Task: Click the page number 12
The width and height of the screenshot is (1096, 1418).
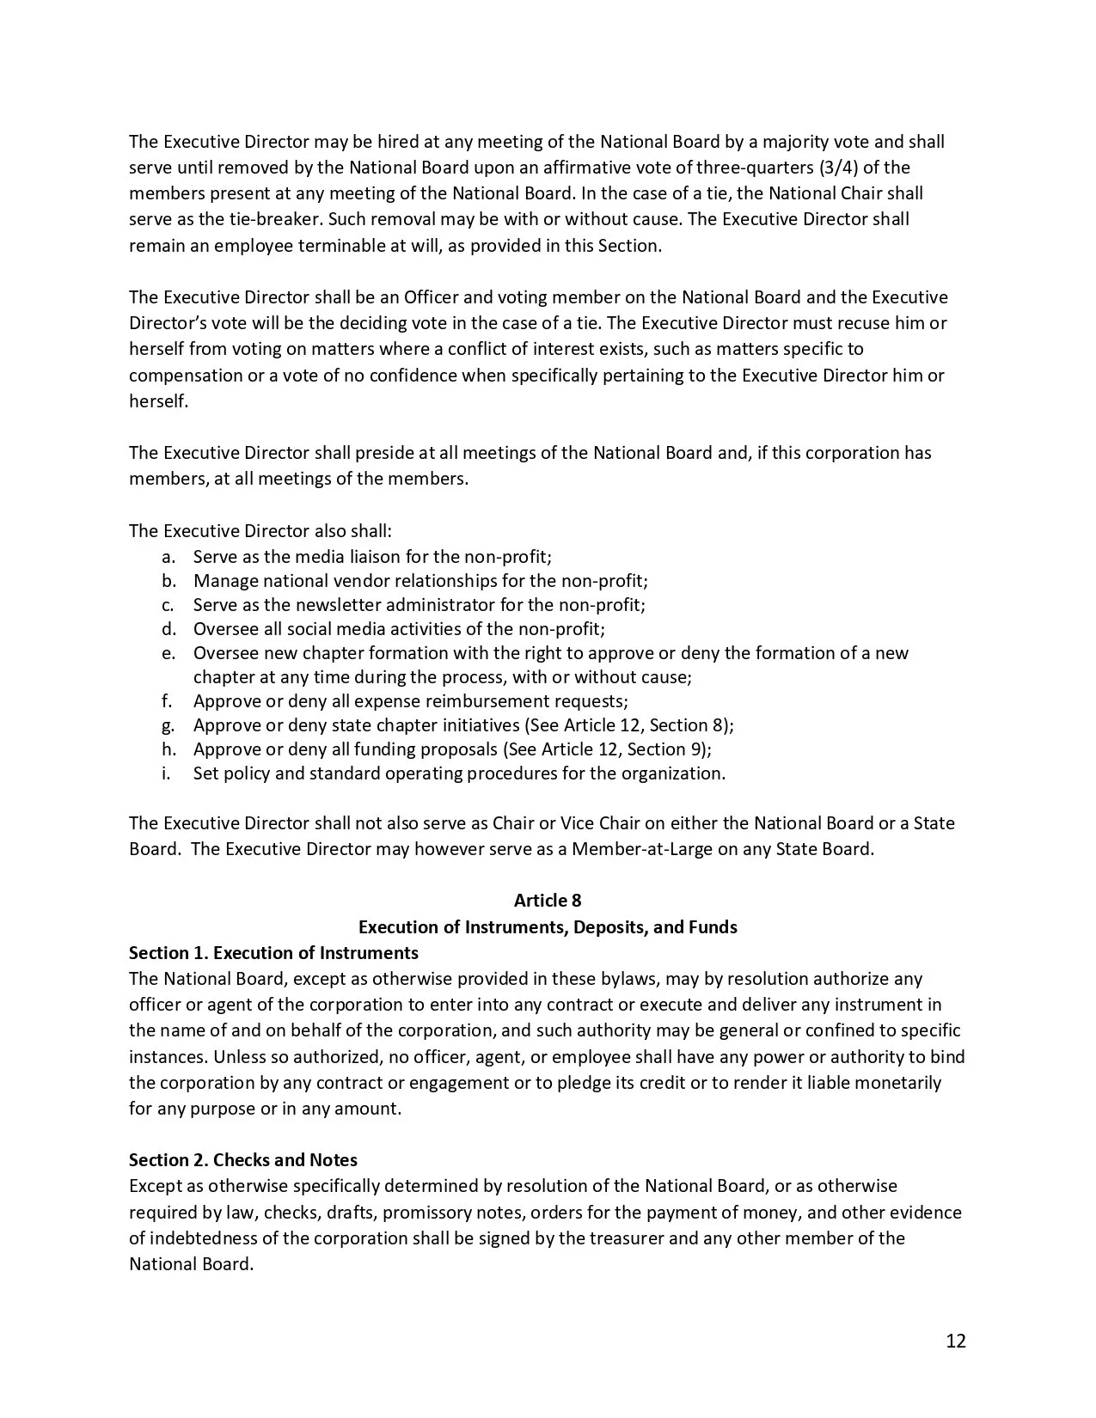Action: [956, 1341]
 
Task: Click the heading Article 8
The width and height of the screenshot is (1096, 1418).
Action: [548, 900]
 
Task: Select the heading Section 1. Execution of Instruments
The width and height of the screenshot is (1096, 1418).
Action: [273, 952]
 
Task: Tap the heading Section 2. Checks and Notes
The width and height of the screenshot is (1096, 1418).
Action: [243, 1159]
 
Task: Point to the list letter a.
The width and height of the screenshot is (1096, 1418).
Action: [168, 557]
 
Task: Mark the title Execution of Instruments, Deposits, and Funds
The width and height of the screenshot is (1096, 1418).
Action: [548, 926]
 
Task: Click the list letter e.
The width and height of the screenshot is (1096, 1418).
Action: [168, 653]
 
